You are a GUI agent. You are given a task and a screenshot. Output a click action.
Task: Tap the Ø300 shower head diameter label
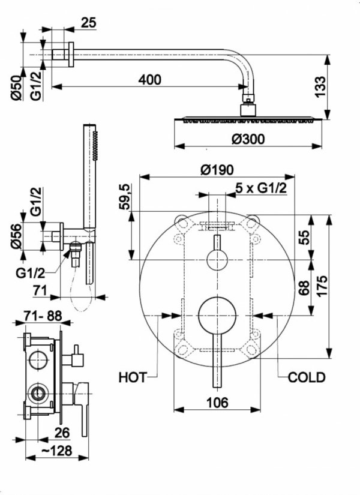[247, 139]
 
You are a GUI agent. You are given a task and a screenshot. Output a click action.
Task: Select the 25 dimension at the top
[88, 23]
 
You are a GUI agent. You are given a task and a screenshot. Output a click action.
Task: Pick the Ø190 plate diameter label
[217, 170]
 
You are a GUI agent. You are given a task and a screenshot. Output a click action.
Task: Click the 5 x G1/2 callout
[260, 188]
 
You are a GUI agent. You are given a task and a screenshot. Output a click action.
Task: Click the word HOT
[133, 377]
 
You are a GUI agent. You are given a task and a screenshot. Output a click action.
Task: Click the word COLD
[307, 377]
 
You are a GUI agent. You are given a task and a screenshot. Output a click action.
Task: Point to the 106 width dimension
[217, 403]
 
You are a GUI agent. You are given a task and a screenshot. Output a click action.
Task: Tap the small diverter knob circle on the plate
[217, 260]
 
